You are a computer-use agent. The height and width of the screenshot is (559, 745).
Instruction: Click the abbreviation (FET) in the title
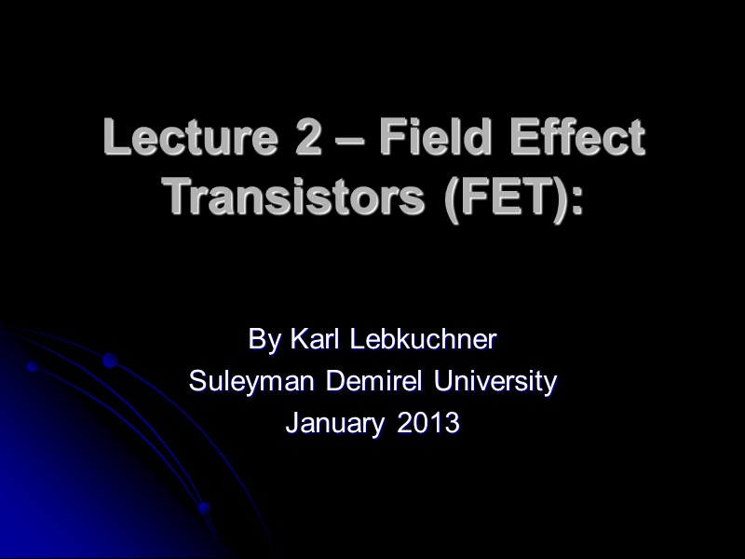(499, 196)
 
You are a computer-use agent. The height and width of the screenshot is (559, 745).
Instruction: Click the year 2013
(428, 423)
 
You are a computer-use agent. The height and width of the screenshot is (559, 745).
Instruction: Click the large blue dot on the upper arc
(110, 361)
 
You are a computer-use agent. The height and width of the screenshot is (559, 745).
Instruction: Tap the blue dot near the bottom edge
(205, 509)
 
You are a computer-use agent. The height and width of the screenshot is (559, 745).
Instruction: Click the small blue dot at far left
(32, 367)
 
